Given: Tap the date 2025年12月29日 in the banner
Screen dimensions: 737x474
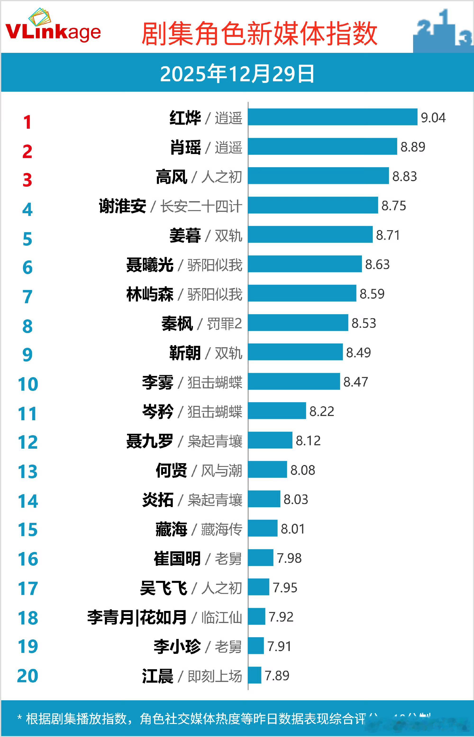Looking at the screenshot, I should [x=237, y=74].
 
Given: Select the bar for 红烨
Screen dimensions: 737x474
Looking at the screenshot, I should [x=333, y=117].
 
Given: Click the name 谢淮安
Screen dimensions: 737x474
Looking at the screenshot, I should [x=123, y=206].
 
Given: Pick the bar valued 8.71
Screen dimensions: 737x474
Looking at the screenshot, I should [x=310, y=234].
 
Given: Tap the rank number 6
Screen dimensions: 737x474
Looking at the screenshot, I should [x=27, y=268].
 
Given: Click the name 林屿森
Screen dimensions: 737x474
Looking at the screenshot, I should [x=150, y=294].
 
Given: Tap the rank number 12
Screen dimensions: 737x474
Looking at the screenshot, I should [x=28, y=442].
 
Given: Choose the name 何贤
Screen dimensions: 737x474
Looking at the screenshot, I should [x=171, y=470].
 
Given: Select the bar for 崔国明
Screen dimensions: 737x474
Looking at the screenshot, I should [x=260, y=558].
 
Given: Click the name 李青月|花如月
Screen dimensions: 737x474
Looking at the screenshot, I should [x=137, y=617].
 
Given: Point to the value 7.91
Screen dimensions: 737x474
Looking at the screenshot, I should [x=279, y=646].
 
